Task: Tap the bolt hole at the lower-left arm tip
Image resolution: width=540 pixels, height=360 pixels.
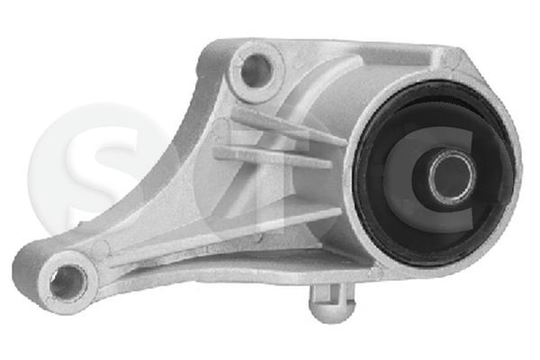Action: pyautogui.click(x=64, y=282)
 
